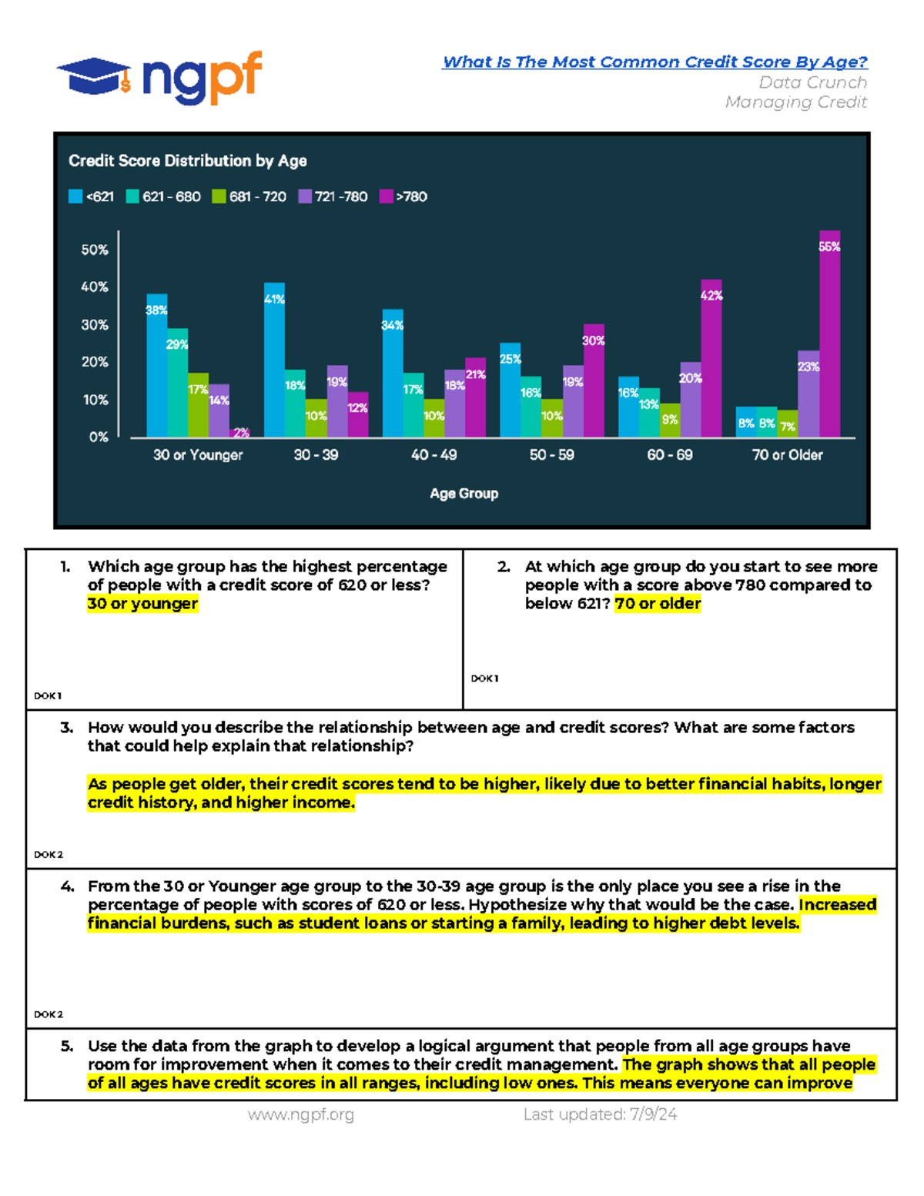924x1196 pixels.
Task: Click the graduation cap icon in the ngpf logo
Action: click(94, 76)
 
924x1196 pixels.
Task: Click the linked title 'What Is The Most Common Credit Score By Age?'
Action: click(655, 62)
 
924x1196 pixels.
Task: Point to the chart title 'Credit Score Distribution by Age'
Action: click(188, 161)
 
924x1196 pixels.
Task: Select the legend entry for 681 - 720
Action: click(249, 196)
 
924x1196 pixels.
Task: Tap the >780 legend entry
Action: click(403, 196)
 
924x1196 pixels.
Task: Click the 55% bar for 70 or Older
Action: click(829, 333)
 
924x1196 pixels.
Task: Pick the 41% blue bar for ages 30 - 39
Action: click(274, 360)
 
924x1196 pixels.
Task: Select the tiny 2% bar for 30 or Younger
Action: click(239, 433)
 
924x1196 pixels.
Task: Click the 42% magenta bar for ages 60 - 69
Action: click(711, 358)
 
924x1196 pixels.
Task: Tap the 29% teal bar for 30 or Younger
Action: click(177, 383)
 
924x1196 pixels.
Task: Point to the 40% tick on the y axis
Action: click(95, 287)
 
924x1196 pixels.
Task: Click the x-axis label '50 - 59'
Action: click(551, 455)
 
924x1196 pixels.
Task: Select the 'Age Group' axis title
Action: click(464, 494)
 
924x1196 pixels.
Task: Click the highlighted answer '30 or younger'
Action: click(142, 604)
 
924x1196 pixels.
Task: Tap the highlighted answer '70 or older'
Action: click(658, 604)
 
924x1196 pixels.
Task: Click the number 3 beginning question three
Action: click(66, 728)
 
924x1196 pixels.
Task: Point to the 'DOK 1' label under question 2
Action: click(485, 678)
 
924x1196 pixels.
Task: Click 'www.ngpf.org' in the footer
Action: click(301, 1115)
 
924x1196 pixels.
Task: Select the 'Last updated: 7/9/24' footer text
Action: click(601, 1114)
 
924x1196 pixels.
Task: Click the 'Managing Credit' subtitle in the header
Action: click(795, 102)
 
